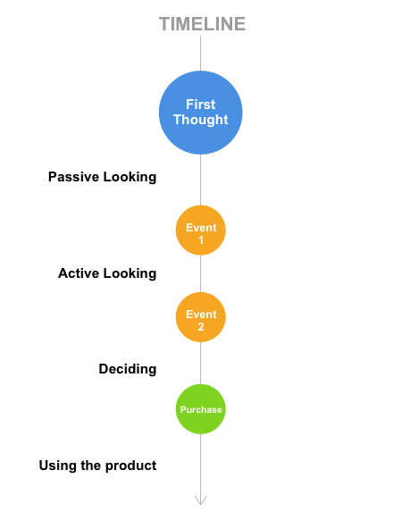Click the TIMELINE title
202,24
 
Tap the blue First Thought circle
201,113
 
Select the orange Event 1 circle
201,231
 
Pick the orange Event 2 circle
201,317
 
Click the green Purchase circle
201,409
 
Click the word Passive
74,177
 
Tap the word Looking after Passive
130,177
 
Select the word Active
79,273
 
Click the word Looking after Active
130,274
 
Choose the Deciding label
128,369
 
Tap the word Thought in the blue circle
201,120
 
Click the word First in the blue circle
201,105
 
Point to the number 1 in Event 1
201,240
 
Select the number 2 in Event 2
201,326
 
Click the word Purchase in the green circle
201,409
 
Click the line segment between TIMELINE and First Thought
201,53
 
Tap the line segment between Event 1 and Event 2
201,273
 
